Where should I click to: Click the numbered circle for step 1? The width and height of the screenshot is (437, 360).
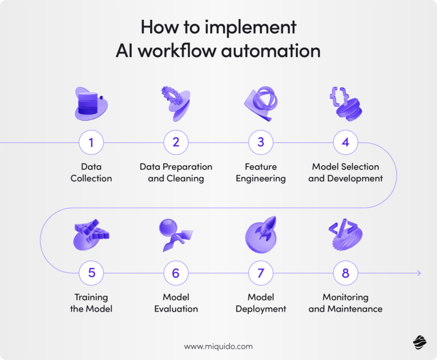(91, 142)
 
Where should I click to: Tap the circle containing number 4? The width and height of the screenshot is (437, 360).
(346, 142)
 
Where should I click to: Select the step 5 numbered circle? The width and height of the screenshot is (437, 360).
(91, 272)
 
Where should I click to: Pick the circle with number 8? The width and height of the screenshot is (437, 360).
(346, 272)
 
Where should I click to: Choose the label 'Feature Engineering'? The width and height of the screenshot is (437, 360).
(261, 172)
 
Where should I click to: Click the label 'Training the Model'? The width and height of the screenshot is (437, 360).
(91, 303)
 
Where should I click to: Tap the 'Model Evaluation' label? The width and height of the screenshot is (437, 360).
(176, 303)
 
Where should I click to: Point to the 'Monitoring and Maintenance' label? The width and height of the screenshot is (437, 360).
(346, 303)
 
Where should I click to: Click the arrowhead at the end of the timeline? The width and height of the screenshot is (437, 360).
(418, 272)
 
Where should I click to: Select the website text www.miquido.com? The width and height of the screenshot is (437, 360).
(218, 346)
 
